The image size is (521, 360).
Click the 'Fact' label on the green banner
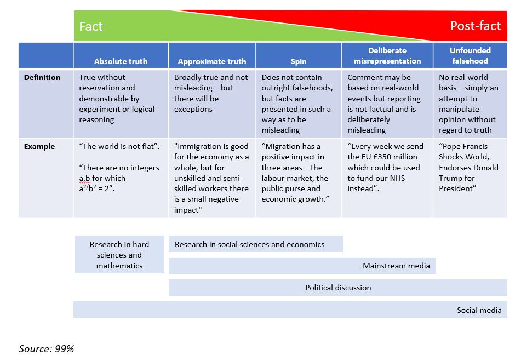click(x=91, y=26)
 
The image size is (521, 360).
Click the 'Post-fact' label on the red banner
click(x=475, y=26)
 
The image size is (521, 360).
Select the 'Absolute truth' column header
click(x=121, y=61)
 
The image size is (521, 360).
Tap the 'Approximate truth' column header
click(x=212, y=61)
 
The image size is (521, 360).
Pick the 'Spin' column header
click(x=299, y=61)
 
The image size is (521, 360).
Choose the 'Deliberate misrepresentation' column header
click(x=387, y=56)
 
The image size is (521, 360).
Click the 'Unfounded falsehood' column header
click(x=470, y=56)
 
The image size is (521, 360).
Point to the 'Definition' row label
click(x=42, y=77)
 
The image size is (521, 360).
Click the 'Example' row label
click(x=39, y=146)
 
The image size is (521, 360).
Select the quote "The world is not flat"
click(x=119, y=146)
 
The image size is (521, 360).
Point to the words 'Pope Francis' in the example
click(x=463, y=146)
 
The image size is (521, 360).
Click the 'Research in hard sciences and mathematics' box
click(x=119, y=255)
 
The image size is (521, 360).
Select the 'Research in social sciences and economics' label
click(x=249, y=244)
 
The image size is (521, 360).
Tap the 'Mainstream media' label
click(x=397, y=266)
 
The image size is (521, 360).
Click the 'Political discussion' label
click(x=338, y=288)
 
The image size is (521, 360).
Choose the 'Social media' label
click(x=479, y=310)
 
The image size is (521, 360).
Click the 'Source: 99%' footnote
click(x=47, y=348)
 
